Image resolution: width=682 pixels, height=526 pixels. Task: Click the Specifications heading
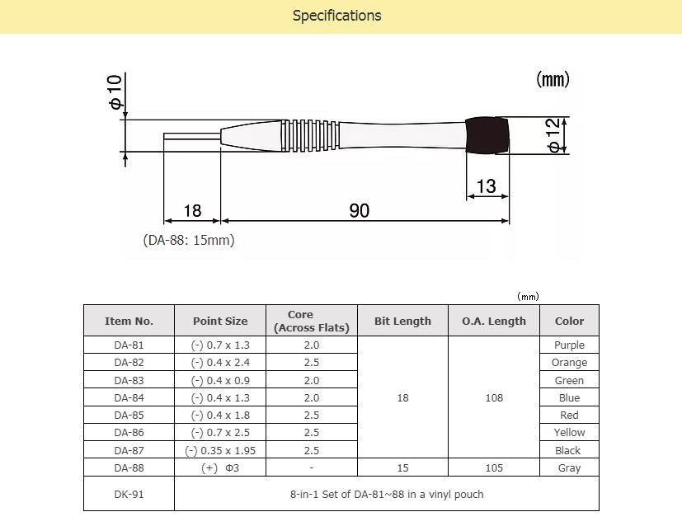coord(336,16)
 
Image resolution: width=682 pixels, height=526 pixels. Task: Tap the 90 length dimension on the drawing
coord(360,211)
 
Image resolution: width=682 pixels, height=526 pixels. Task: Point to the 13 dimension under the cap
coord(487,186)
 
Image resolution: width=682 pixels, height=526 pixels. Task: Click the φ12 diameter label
coord(554,134)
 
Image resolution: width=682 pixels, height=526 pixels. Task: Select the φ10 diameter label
coord(115,92)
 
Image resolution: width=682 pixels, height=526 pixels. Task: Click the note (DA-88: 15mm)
coord(190,241)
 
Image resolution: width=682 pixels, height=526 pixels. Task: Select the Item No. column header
coord(129,321)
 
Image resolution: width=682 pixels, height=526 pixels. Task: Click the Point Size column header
coord(220,321)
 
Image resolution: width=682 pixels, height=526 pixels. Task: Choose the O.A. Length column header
coord(494,321)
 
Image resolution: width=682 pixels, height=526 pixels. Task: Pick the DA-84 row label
coord(129,397)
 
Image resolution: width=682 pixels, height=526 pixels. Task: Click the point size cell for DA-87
coord(220,450)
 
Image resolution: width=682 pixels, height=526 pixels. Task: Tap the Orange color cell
coord(569,363)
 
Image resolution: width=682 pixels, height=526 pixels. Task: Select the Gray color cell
coord(569,467)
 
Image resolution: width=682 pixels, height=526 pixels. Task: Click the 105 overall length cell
coord(494,467)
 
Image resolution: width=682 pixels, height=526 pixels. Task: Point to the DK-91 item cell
coord(129,494)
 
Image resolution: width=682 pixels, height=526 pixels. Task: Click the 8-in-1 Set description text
coord(387,494)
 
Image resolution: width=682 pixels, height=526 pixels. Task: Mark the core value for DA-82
coord(312,363)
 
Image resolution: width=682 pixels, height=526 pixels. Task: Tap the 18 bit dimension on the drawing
coord(192,211)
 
